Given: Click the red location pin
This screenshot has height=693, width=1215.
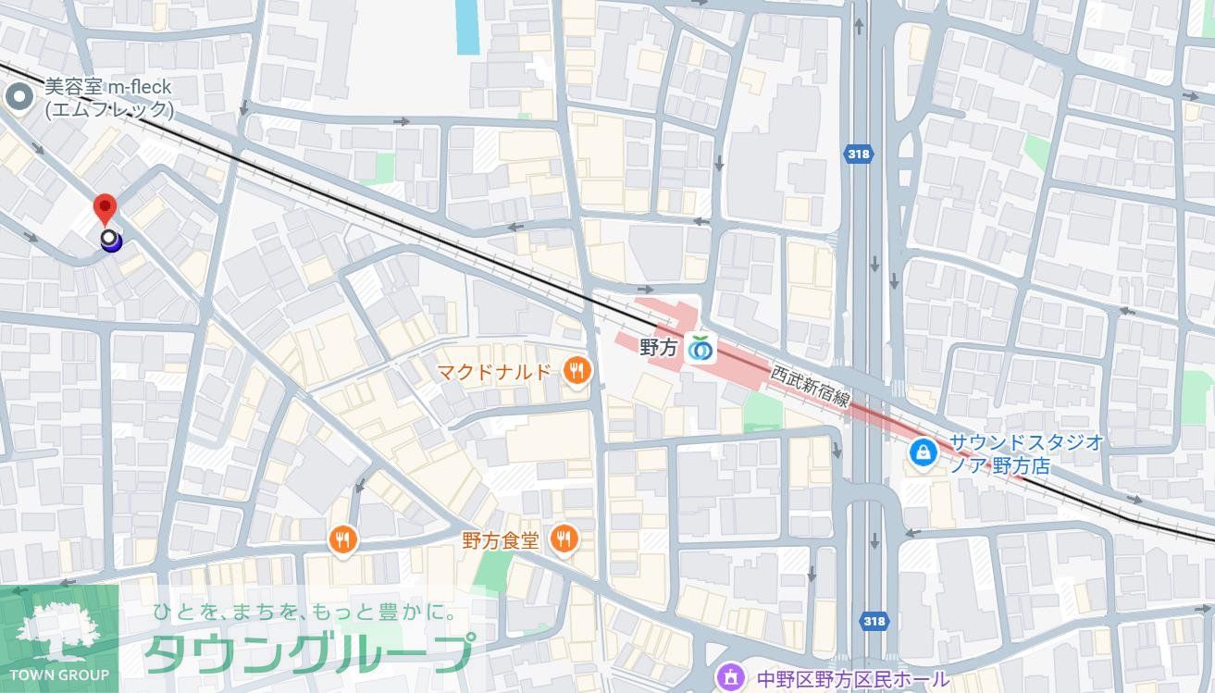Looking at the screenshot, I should click(x=105, y=208).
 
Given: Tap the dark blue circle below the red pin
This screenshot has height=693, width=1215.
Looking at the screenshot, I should click(x=110, y=241).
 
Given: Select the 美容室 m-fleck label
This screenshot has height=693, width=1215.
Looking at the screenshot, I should click(x=108, y=98).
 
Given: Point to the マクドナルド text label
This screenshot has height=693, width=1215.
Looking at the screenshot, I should click(x=493, y=372).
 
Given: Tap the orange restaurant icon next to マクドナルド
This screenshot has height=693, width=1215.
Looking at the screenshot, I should click(x=577, y=372).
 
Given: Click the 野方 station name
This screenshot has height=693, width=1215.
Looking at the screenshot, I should click(x=660, y=349).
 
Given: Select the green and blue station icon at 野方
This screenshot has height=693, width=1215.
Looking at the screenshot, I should click(x=699, y=349).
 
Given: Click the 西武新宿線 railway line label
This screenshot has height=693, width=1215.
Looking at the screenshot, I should click(x=810, y=386).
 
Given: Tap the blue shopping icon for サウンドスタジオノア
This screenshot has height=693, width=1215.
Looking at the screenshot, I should click(x=923, y=452).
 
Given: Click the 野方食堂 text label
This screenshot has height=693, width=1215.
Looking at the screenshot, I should click(x=500, y=538).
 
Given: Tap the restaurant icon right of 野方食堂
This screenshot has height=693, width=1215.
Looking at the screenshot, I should click(x=564, y=538).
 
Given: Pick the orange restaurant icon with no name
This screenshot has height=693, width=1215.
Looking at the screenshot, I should click(x=343, y=539).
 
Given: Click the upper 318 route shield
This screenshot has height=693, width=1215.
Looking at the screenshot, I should click(x=858, y=155).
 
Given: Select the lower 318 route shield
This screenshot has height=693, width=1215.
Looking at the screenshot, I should click(x=873, y=621).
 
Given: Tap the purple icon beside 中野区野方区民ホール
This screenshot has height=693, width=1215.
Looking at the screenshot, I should click(x=730, y=678).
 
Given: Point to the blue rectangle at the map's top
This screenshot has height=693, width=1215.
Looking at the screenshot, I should click(x=468, y=26).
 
